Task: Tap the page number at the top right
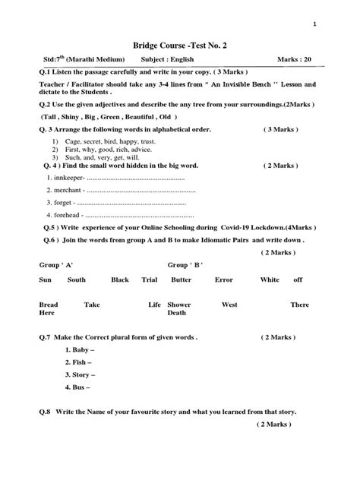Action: (314, 27)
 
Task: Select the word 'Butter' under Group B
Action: (181, 279)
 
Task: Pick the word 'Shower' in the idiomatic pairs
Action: (179, 305)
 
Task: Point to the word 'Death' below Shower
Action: (176, 313)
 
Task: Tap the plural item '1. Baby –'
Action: (80, 349)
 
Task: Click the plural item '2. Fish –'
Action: (79, 362)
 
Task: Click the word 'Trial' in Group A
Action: (149, 279)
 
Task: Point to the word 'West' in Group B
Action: (229, 305)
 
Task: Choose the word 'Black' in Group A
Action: (120, 279)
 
